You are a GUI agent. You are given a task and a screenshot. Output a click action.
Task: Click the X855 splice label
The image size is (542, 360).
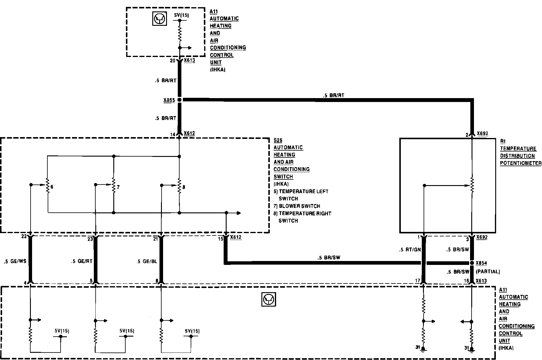tap(169, 100)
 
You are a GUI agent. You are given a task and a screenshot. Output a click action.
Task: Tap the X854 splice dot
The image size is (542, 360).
tap(472, 263)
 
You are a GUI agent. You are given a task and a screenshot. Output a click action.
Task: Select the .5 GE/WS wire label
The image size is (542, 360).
tap(15, 261)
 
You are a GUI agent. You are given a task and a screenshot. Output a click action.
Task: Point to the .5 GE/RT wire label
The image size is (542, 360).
tap(82, 261)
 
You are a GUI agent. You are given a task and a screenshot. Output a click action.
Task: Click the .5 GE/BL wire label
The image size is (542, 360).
tap(147, 261)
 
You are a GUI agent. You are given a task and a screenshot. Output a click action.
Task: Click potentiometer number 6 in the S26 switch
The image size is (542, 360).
tap(47, 186)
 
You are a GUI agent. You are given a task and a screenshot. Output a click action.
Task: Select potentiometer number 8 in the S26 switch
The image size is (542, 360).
tap(179, 186)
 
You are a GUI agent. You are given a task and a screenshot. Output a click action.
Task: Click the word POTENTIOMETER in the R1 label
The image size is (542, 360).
tap(521, 163)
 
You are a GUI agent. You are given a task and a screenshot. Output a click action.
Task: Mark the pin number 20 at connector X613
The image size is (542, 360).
tap(172, 61)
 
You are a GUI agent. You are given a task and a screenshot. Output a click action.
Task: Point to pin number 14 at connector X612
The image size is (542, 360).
tap(172, 135)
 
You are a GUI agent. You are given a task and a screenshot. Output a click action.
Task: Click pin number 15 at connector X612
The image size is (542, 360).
tap(221, 239)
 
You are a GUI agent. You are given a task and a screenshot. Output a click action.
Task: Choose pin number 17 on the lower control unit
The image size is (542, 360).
tap(418, 281)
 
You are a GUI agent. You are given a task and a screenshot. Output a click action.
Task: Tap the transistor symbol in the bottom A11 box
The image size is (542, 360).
tap(269, 299)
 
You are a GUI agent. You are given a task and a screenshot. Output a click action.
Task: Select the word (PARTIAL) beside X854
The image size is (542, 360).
tap(488, 271)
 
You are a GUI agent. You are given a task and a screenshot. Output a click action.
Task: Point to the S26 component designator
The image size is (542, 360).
tap(278, 140)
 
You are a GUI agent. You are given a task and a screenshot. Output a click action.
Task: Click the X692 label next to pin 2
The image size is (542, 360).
tap(482, 133)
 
